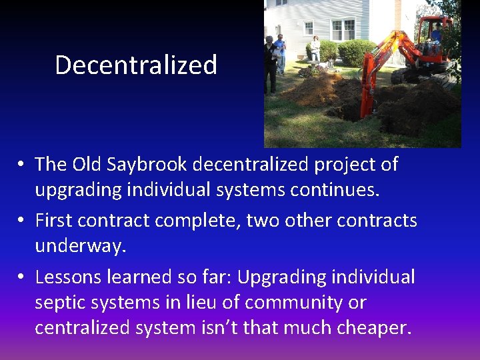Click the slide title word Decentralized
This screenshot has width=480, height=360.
[x=136, y=65]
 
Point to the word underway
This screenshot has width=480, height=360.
[x=80, y=246]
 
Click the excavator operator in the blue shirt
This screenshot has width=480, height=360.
[x=436, y=33]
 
